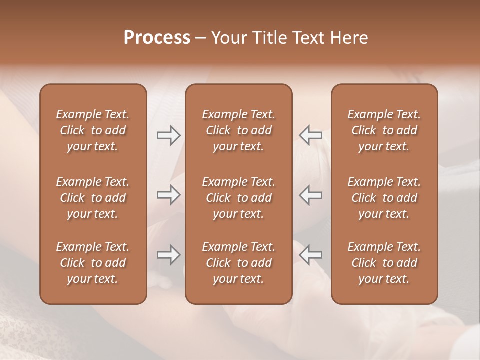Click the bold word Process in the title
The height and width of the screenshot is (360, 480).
coord(157,38)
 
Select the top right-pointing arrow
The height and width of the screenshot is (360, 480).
coord(168,135)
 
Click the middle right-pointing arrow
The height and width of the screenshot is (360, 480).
coord(168,195)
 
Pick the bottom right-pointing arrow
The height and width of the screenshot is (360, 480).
coord(168,255)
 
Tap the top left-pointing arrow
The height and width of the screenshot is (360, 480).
coord(310,135)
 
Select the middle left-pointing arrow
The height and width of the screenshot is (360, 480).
coord(310,195)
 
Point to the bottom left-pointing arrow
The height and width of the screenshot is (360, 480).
coord(310,255)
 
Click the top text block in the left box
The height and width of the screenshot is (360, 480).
coord(93,130)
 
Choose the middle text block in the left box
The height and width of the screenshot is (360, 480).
coord(93,198)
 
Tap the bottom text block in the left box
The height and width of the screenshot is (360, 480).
coord(93,263)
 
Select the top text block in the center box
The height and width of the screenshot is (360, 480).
coord(238,130)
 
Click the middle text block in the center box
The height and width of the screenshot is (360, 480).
coord(238,198)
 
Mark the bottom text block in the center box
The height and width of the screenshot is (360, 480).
coord(238,263)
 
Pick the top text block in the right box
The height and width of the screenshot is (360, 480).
coord(384,130)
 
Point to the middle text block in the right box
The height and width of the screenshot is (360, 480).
coord(384,198)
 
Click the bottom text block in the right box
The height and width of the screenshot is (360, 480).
coord(384,263)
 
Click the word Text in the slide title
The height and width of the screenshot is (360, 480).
coord(308,38)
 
